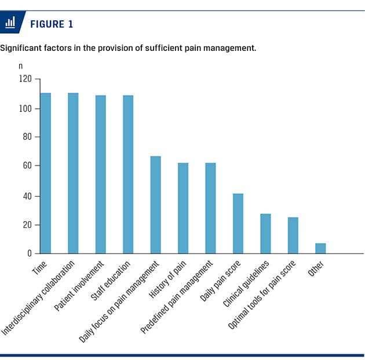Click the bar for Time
coord(46,173)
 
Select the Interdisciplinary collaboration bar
coord(73,173)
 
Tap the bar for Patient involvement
coord(101,174)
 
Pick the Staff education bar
coord(128,174)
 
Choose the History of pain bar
coord(183,208)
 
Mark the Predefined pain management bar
coord(210,208)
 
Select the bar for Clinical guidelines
coord(265,234)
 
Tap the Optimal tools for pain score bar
coord(293,235)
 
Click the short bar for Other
coord(320,248)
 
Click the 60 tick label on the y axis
coord(27,166)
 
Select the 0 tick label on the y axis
coord(30,254)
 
